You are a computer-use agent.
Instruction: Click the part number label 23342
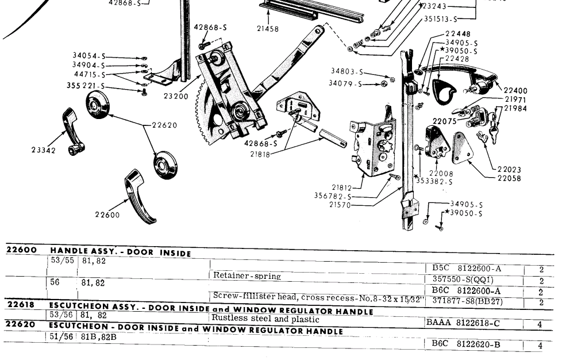pos(44,150)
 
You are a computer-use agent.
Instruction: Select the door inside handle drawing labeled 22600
pos(140,196)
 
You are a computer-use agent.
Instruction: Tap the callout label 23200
pos(175,97)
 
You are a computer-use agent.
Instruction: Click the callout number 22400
pos(515,91)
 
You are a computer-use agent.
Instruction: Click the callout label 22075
pos(444,122)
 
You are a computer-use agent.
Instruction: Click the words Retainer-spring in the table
pos(247,276)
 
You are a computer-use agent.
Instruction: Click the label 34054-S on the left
pos(88,56)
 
